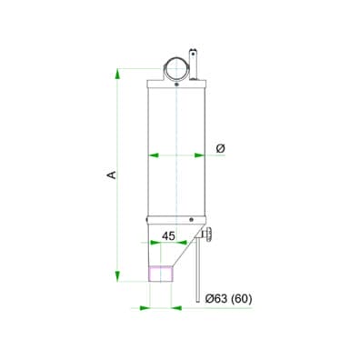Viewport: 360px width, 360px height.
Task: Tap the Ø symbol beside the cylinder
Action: tap(221, 147)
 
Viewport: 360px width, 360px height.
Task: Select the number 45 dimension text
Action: tap(168, 235)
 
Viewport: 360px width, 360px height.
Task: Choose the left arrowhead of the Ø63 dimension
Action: tap(146, 306)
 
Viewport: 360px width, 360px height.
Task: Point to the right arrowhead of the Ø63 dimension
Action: tap(177, 306)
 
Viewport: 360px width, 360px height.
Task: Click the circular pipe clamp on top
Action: tap(176, 68)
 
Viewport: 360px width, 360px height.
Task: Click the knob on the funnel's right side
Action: tap(211, 238)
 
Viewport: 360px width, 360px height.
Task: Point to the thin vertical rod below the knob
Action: tap(197, 273)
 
